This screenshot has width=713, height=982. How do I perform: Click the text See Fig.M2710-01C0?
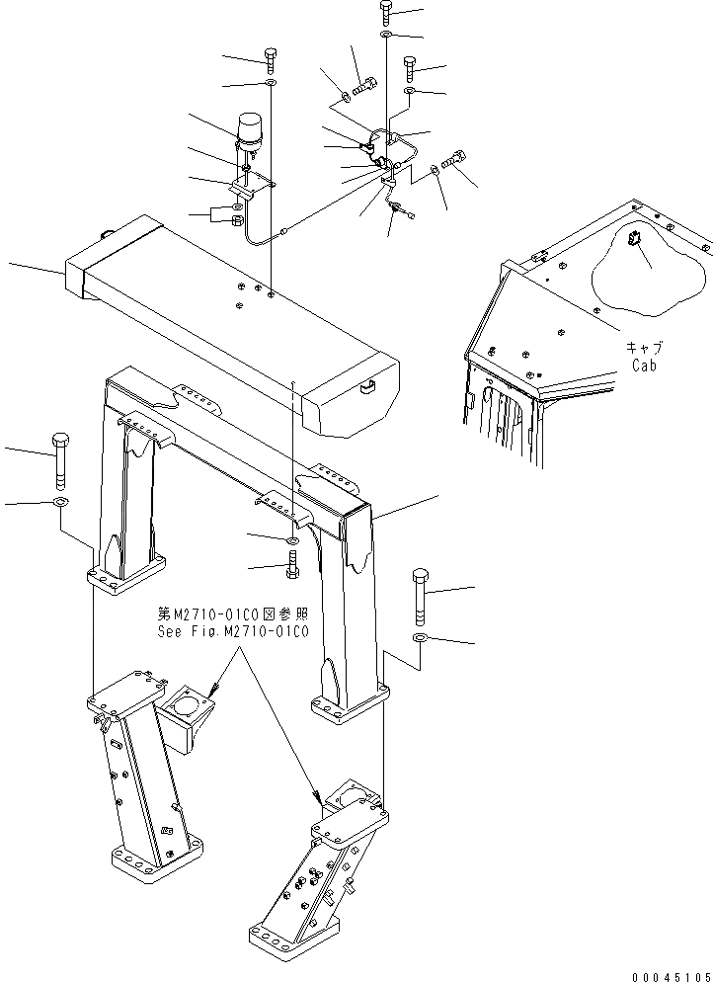pyautogui.click(x=233, y=630)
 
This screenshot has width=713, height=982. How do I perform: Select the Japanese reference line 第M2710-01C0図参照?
pyautogui.click(x=233, y=614)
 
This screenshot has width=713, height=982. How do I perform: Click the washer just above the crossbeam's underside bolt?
pyautogui.click(x=293, y=541)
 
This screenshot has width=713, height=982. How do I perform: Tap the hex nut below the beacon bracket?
pyautogui.click(x=237, y=221)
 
